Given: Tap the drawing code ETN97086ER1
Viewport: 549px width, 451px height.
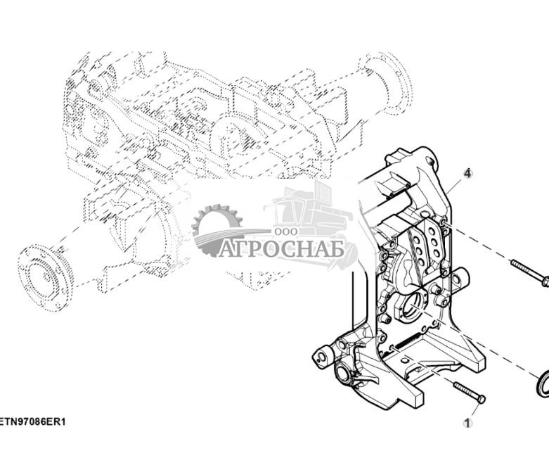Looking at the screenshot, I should click(x=33, y=422).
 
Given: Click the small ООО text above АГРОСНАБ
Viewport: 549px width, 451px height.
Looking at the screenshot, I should click(x=285, y=231).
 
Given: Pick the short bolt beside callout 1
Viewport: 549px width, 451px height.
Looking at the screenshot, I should click(x=468, y=392).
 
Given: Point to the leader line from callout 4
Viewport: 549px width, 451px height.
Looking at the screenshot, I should click(x=455, y=186).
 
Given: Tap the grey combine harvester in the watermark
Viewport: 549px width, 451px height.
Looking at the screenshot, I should click(x=309, y=211).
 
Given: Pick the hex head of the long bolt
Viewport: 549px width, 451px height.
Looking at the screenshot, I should click(x=545, y=281).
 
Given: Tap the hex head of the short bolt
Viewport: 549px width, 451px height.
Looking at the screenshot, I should click(x=482, y=399).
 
